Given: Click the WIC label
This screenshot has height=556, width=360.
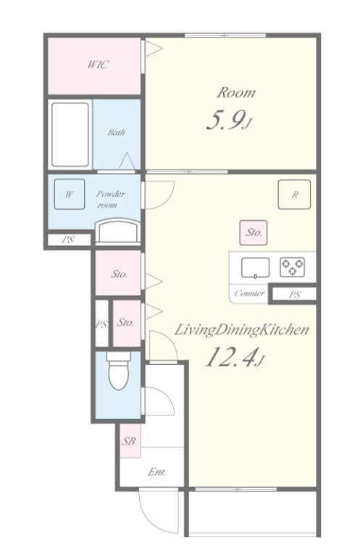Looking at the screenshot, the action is coord(99,64).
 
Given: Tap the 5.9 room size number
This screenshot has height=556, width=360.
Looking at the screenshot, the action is coord(225,121).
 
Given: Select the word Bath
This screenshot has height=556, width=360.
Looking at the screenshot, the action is coord(117,132).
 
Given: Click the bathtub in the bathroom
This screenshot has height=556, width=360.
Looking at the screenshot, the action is coord(70,135).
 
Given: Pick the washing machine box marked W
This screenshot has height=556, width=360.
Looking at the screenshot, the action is coord(70,194).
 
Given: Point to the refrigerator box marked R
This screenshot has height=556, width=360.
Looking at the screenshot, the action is coord(294,194).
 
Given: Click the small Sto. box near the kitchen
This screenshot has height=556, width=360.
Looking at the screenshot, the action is coord(254,232).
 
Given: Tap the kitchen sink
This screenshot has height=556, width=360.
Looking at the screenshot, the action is coord(255,268).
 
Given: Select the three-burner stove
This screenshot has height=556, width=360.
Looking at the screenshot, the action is coord(292,267).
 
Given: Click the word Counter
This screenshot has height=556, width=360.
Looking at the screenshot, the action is coord(249,293).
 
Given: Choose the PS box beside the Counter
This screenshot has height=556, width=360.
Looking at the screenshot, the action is coord(294,295).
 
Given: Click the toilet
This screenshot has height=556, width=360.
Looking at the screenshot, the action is coord(119,371).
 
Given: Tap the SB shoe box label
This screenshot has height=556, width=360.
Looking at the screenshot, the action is coord(129,441).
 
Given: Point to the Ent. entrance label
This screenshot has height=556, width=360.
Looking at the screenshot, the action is coord(156,472).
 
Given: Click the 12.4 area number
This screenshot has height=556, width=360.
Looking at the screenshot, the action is coord(230,357).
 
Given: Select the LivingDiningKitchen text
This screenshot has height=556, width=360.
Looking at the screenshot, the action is coord(241,330).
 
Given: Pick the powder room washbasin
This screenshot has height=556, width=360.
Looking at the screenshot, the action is coord(118,231).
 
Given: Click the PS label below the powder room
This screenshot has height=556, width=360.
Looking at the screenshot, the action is coord(67,240).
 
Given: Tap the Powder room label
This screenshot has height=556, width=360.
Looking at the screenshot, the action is coord(110,199).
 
